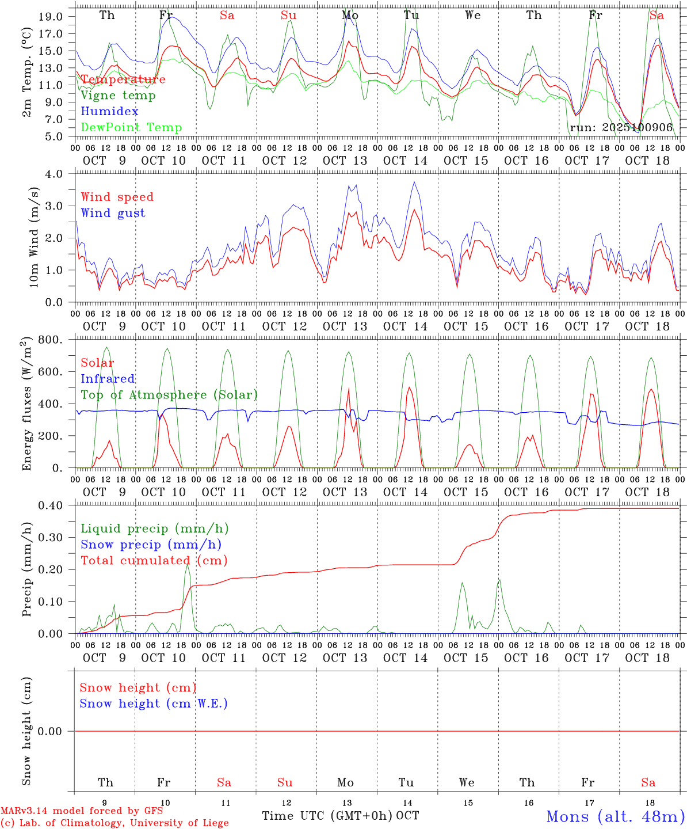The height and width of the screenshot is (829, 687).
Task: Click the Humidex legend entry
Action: coord(109,111)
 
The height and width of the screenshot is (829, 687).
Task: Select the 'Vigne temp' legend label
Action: coord(118,95)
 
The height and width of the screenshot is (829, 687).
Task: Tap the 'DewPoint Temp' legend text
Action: coord(131,127)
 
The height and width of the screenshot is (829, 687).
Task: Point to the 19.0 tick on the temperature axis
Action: coord(51,17)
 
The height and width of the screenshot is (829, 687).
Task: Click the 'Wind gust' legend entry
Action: coord(113,213)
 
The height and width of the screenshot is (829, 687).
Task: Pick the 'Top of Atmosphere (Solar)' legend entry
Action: coord(169,395)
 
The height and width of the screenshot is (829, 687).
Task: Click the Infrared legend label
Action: coord(108,379)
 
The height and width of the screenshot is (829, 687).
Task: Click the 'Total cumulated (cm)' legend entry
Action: coord(154,560)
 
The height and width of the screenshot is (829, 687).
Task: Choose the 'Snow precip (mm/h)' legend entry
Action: coord(151,545)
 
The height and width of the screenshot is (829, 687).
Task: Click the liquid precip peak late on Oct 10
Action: coord(187,565)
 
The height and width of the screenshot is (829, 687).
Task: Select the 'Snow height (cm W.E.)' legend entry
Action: coord(154,703)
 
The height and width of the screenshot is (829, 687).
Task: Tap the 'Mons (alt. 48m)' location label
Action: coord(615,816)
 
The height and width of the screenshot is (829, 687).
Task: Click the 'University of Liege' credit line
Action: coord(114,823)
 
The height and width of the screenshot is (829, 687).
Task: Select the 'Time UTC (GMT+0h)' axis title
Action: coord(327,816)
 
